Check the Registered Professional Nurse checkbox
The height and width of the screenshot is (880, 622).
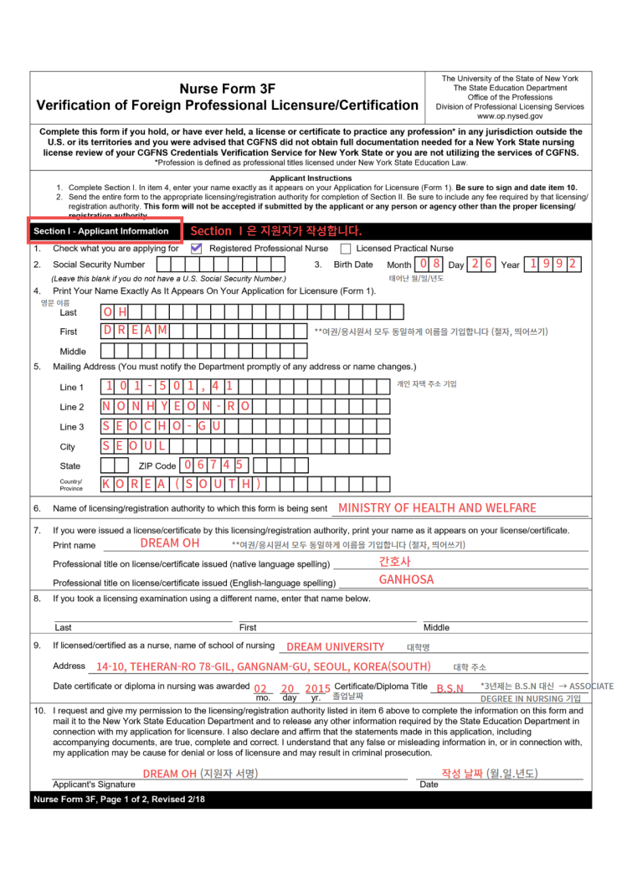pos(196,249)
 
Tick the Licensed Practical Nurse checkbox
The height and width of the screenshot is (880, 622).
pos(346,249)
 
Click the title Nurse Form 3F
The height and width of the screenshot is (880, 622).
pos(227,89)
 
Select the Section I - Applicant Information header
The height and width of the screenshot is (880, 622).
pos(101,231)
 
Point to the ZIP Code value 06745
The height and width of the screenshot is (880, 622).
pos(213,465)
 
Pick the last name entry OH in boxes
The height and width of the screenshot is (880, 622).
pos(115,311)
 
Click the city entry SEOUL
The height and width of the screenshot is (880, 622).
pos(134,445)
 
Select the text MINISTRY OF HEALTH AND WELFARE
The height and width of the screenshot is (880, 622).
pos(437,507)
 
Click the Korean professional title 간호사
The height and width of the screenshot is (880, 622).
pos(394,562)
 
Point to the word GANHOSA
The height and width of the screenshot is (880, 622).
pos(406,579)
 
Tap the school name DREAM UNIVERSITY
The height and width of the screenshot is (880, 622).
pos(335,646)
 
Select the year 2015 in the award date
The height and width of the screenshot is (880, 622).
pos(317,688)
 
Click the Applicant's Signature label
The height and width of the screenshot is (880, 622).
pos(94,785)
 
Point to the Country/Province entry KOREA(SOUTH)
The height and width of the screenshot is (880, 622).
pos(181,484)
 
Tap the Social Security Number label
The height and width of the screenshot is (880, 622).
pos(99,265)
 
